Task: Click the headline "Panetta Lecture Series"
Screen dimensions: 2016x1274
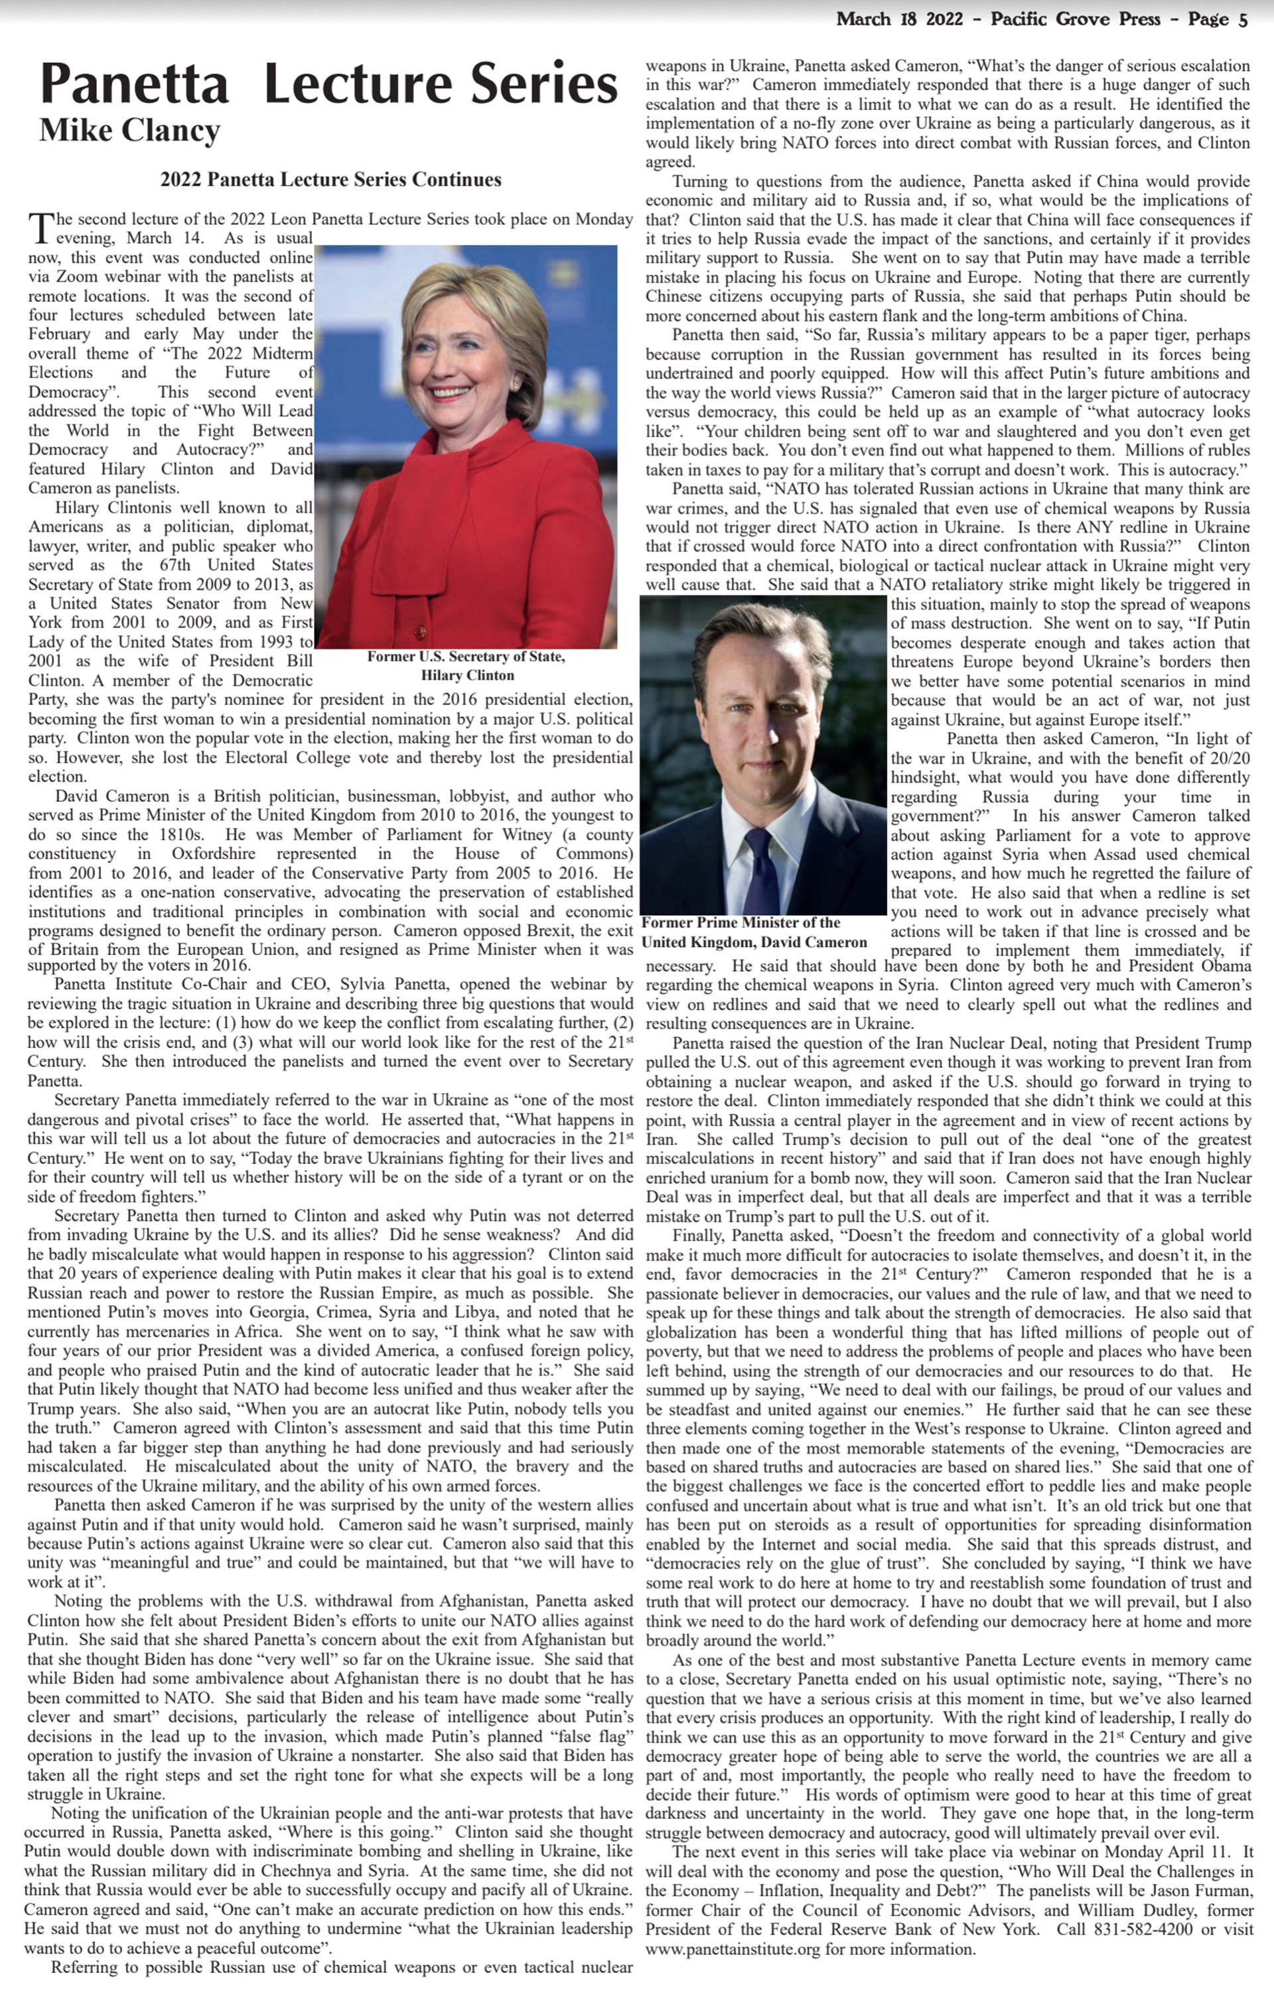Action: pyautogui.click(x=328, y=85)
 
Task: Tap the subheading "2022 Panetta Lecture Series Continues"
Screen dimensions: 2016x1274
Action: pyautogui.click(x=331, y=179)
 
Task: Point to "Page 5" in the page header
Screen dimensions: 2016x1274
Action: pyautogui.click(x=1219, y=20)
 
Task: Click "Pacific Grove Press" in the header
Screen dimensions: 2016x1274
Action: pyautogui.click(x=1076, y=20)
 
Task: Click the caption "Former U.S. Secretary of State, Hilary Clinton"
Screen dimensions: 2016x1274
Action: pyautogui.click(x=466, y=666)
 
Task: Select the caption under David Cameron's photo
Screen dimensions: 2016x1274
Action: pyautogui.click(x=754, y=932)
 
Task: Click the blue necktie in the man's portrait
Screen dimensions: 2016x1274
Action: pyautogui.click(x=760, y=862)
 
